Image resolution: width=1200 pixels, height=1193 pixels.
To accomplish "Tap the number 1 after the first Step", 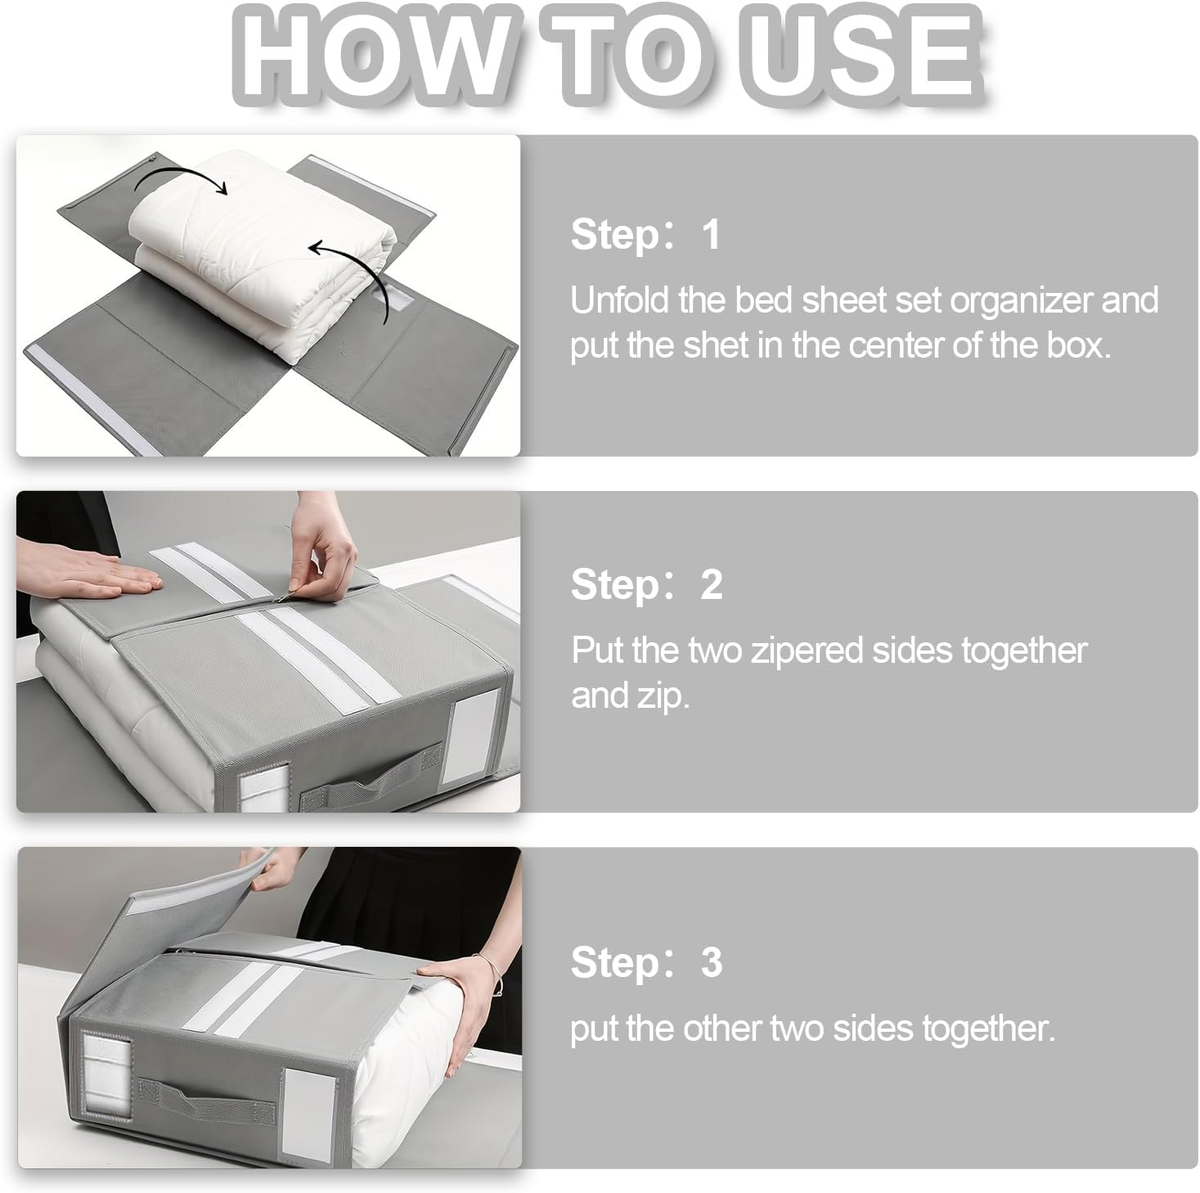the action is pyautogui.click(x=711, y=235).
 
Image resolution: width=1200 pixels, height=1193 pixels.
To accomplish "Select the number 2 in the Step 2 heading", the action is pyautogui.click(x=711, y=585).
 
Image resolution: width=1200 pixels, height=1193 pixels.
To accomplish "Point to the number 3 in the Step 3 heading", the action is pyautogui.click(x=711, y=962).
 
